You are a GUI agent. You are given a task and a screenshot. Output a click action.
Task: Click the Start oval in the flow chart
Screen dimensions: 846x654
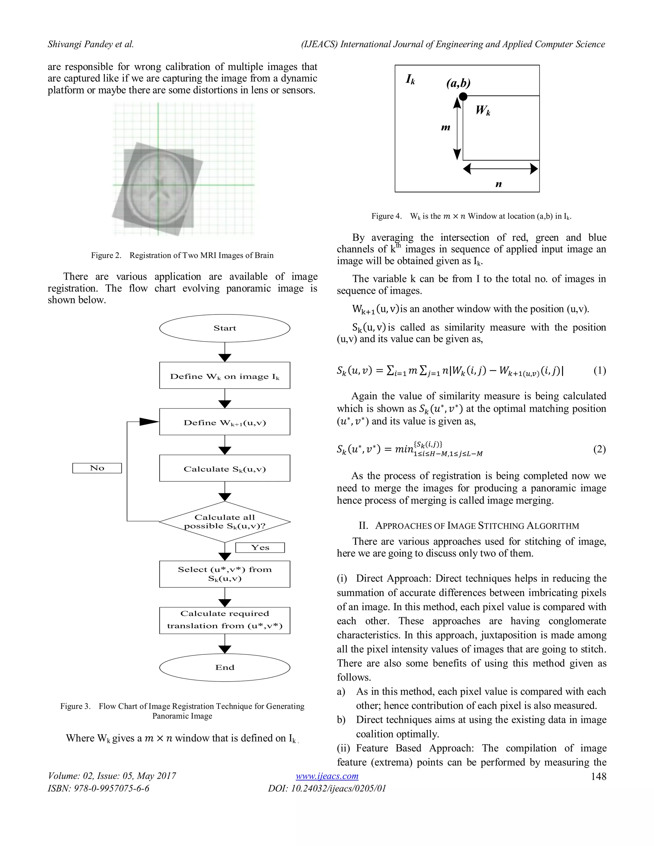225,328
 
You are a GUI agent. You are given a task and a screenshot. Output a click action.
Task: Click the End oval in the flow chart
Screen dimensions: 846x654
225,667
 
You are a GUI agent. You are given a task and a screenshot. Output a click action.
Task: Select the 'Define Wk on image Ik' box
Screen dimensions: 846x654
225,375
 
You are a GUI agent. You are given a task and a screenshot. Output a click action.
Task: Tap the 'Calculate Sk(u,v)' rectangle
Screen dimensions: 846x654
225,468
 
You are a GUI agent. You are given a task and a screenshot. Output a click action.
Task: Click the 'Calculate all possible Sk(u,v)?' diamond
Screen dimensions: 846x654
225,521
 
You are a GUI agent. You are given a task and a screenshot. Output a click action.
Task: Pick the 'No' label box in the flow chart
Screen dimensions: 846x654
97,468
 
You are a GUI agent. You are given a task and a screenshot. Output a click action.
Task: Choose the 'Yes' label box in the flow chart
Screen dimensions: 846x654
260,547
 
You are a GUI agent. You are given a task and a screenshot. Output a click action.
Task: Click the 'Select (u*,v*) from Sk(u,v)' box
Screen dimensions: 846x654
225,574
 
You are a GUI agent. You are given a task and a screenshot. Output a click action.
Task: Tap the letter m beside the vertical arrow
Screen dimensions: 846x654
445,127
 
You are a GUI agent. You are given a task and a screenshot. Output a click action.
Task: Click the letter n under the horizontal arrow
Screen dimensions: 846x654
498,185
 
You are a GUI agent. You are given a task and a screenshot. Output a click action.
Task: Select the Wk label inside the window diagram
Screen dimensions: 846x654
483,111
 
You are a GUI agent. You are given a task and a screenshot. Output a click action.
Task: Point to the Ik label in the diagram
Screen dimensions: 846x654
410,79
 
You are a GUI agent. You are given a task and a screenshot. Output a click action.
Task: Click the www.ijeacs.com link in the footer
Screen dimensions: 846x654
327,776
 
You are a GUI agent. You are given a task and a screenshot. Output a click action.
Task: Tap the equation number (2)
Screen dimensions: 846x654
599,449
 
